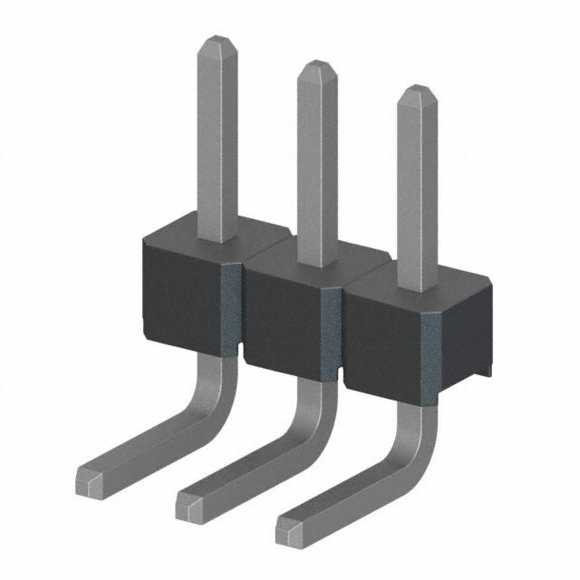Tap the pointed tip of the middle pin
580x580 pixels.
315,68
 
